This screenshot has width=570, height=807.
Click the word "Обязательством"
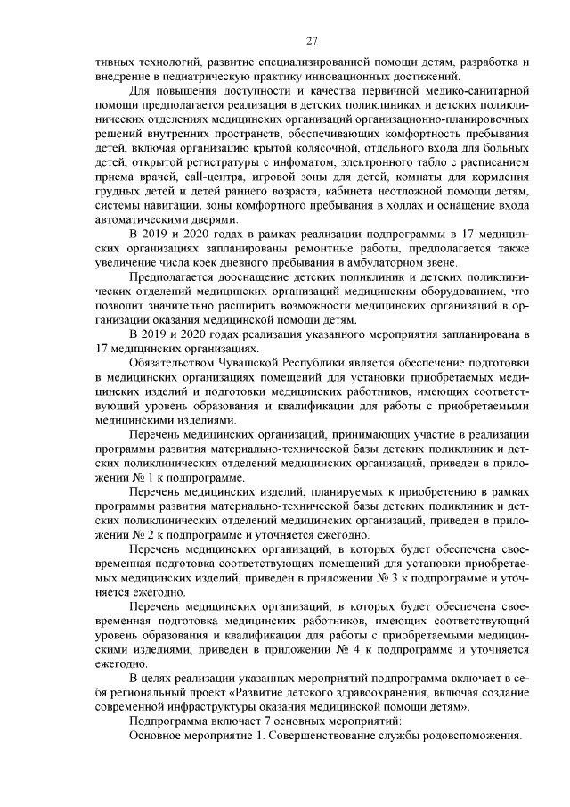tap(171, 363)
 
